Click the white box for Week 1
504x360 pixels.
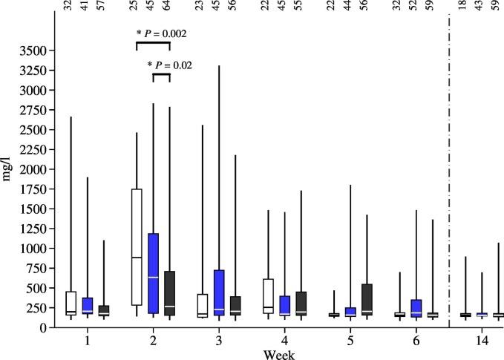71,304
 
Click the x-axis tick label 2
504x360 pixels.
153,340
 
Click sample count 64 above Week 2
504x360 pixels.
169,9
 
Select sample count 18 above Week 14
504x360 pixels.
464,9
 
